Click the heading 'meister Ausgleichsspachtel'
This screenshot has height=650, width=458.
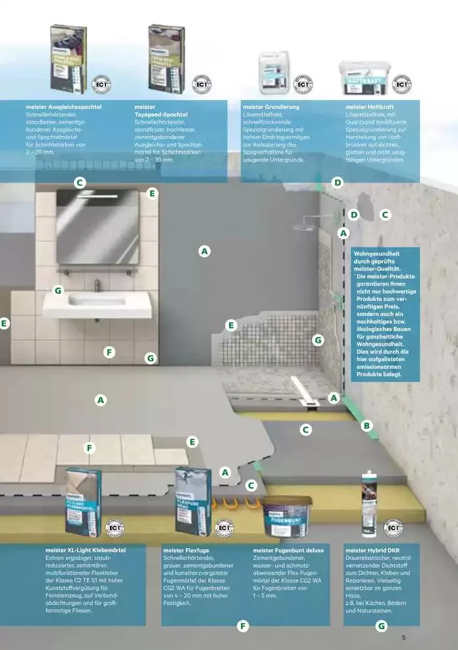(63, 107)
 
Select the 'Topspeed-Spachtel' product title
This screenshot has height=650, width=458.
(160, 114)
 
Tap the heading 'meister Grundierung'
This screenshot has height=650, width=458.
(271, 107)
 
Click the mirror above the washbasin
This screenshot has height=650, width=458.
(97, 218)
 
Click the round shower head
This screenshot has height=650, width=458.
(302, 226)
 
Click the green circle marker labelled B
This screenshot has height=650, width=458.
(366, 425)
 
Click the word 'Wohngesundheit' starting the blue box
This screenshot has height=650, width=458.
(376, 252)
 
